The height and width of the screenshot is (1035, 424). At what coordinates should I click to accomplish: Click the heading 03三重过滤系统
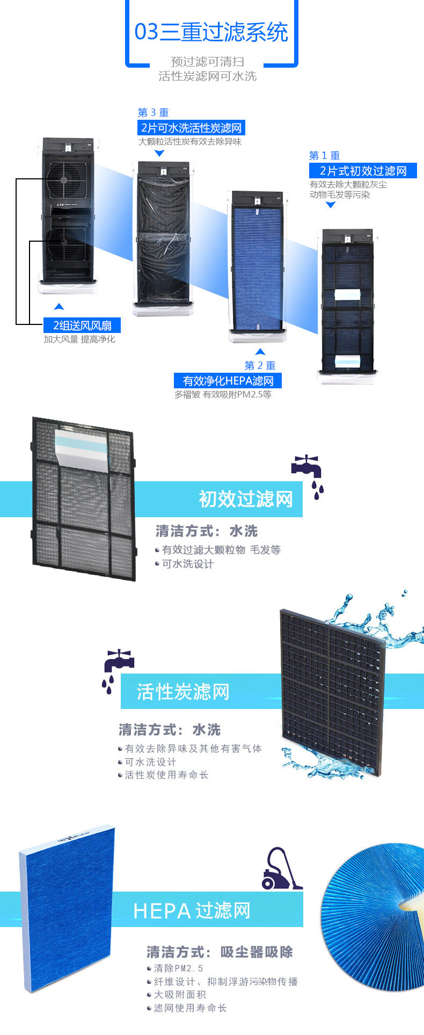click(x=211, y=32)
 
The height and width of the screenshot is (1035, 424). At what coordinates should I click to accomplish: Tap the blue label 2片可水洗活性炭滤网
click(x=191, y=128)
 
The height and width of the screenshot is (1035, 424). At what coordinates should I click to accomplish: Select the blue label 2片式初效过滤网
click(x=363, y=171)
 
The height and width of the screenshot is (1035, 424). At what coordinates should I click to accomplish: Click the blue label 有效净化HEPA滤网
click(x=228, y=381)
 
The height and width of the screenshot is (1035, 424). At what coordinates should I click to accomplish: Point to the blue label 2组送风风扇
click(x=82, y=325)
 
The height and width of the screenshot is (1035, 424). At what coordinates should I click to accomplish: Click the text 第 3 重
click(x=153, y=113)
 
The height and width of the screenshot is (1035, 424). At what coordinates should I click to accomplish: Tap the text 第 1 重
click(x=324, y=156)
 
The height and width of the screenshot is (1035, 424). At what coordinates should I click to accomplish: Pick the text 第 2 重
click(x=260, y=366)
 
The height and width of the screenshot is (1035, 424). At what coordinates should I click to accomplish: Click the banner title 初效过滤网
click(x=246, y=499)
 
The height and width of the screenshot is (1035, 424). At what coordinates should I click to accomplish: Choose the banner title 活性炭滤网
click(x=183, y=692)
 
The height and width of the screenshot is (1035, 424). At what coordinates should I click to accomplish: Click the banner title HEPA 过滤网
click(x=192, y=911)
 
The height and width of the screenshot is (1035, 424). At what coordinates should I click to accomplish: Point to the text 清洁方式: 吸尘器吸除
click(x=220, y=953)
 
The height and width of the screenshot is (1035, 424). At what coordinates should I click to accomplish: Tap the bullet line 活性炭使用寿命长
click(x=166, y=775)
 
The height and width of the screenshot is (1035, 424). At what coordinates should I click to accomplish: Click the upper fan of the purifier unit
click(x=67, y=178)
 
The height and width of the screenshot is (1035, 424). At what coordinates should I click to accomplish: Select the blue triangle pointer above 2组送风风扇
click(x=59, y=307)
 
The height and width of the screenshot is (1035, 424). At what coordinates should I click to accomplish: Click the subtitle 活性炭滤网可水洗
click(x=207, y=76)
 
